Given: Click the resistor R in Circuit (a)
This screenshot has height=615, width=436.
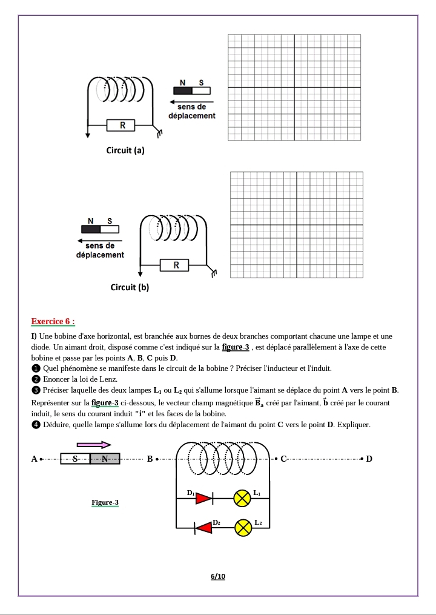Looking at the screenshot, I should (x=123, y=125).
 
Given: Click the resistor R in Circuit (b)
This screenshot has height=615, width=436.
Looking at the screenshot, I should (x=176, y=265).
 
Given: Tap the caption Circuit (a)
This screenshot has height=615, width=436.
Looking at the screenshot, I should (x=125, y=150).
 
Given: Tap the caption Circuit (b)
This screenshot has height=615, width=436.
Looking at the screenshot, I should (x=130, y=287).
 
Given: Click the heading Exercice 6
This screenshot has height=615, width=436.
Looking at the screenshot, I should (x=53, y=321).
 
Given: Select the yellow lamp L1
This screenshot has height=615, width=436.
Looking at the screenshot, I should (x=243, y=499).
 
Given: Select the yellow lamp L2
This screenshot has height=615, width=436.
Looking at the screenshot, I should (x=243, y=528).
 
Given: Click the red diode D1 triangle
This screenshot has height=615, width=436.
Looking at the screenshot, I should (x=204, y=499).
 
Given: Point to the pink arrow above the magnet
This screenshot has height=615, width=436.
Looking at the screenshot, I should (x=94, y=445).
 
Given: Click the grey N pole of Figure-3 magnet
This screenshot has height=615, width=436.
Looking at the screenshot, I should (x=105, y=459).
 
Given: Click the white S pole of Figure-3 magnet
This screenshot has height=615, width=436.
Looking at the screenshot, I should (x=75, y=459).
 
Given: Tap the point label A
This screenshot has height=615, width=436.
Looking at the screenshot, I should (x=35, y=459).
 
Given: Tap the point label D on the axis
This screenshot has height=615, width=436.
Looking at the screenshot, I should (x=369, y=459).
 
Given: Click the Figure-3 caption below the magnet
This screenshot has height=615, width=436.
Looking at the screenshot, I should (x=105, y=502).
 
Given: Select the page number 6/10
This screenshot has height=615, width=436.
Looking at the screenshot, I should (x=218, y=576).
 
